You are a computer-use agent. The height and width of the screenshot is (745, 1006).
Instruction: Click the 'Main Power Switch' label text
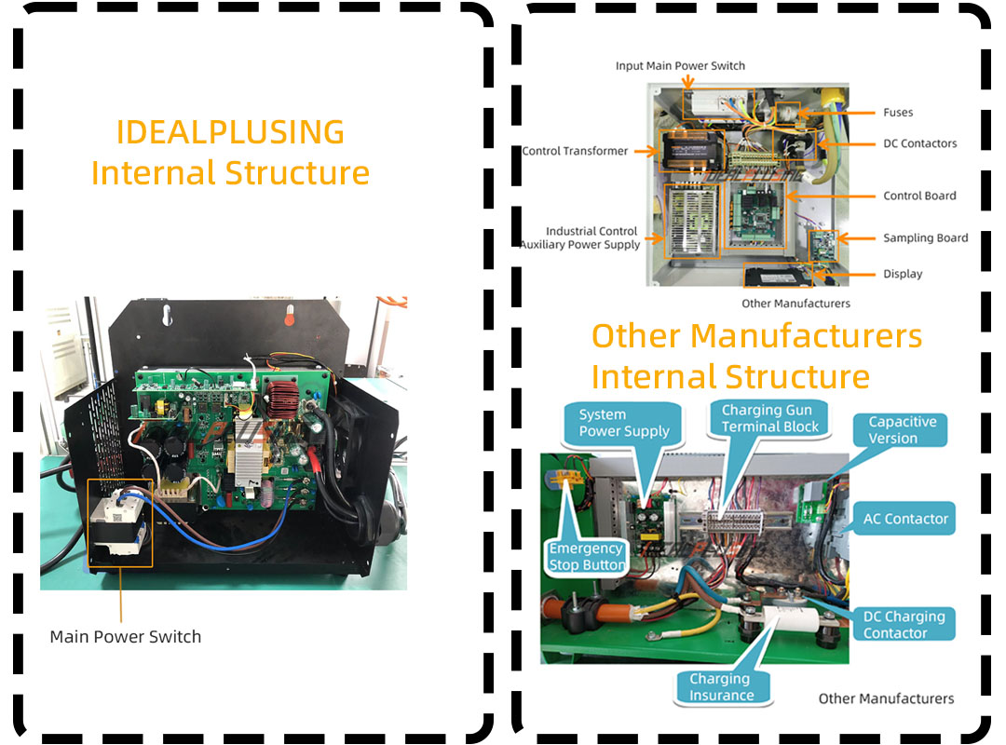126,637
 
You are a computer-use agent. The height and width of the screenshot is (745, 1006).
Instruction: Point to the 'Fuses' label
898,113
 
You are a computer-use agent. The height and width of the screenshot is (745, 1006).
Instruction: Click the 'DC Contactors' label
920,143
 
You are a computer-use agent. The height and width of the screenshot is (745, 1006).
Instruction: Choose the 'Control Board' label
919,196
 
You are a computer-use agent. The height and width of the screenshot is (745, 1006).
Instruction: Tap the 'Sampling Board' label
925,238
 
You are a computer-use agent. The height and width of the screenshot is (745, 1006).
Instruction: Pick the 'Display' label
903,274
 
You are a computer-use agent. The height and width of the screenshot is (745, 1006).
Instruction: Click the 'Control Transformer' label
575,151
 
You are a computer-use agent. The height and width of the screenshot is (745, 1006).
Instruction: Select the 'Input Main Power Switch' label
680,65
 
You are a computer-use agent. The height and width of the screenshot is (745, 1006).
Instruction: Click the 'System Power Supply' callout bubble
623,423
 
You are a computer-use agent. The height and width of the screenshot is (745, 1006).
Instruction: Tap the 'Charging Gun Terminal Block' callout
770,418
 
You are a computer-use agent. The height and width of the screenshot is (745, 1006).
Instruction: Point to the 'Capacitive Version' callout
901,430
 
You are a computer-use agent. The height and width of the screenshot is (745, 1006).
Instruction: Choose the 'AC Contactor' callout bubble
904,519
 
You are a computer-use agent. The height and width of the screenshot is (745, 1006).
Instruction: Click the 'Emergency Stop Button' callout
587,556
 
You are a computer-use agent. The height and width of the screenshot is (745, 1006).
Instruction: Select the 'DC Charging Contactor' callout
904,624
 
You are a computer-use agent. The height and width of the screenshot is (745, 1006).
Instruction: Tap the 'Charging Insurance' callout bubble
721,687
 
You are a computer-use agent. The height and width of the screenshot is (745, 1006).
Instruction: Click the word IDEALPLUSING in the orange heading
230,132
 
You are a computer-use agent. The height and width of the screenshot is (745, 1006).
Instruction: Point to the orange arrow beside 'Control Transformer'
646,152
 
